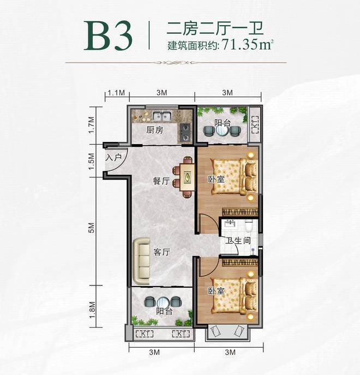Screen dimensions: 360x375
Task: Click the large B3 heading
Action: [108, 35]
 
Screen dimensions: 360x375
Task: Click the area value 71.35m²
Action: [248, 44]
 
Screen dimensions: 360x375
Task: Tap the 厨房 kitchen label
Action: [155, 130]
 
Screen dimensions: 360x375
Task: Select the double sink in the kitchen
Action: [161, 116]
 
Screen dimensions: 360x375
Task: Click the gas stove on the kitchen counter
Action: [185, 132]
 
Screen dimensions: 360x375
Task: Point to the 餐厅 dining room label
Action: [161, 181]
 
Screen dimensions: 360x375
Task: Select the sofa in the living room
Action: [141, 261]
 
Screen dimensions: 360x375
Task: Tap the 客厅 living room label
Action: [162, 252]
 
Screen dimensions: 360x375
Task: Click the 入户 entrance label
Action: [114, 157]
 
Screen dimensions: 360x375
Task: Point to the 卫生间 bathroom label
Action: [238, 240]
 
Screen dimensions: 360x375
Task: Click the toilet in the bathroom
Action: [249, 226]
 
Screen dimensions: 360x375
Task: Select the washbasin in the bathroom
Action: [230, 224]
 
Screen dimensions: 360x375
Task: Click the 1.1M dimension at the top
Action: [116, 93]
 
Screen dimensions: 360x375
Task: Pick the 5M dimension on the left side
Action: [92, 228]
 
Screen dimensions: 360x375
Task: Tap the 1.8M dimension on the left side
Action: [92, 310]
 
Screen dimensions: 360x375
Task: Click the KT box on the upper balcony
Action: [255, 124]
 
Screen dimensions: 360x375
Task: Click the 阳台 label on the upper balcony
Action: [223, 123]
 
